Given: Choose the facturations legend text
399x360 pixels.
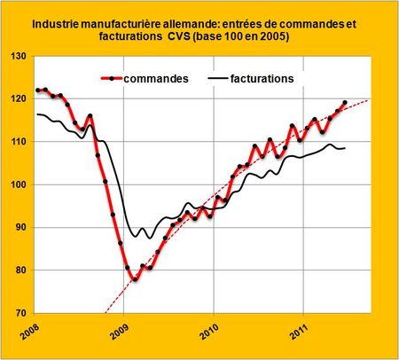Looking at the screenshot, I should click(x=262, y=79).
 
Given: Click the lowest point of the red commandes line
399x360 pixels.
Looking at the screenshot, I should click(x=135, y=279).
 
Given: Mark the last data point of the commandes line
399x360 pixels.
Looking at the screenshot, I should click(x=344, y=103).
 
